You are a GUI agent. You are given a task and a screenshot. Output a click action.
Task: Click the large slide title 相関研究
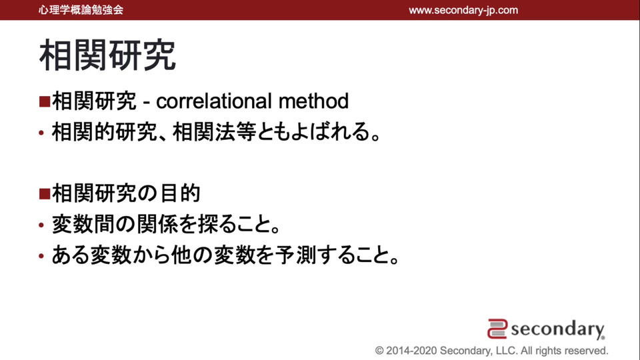pyautogui.click(x=107, y=55)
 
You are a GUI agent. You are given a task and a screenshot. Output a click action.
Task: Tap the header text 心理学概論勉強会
pyautogui.click(x=81, y=10)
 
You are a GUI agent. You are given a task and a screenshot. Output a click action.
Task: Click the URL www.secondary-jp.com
pyautogui.click(x=463, y=10)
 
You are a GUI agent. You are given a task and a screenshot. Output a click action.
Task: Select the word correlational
pyautogui.click(x=214, y=101)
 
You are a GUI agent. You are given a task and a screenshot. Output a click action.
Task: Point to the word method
pyautogui.click(x=313, y=101)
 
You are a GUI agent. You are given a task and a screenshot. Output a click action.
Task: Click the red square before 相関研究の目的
pyautogui.click(x=45, y=193)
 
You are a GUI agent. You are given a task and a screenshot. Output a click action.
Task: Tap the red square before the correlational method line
pyautogui.click(x=45, y=101)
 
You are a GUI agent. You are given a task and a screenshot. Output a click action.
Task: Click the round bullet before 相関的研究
pyautogui.click(x=41, y=133)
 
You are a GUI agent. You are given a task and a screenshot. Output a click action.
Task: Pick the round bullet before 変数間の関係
pyautogui.click(x=41, y=225)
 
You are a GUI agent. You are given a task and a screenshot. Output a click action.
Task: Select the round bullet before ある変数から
pyautogui.click(x=41, y=256)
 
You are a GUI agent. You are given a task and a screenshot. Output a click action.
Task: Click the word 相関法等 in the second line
pyautogui.click(x=215, y=132)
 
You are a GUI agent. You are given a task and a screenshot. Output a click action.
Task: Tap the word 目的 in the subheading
pyautogui.click(x=180, y=193)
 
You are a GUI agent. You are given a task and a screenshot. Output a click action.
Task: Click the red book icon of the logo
pyautogui.click(x=497, y=329)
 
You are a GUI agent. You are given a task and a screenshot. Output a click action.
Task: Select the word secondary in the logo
pyautogui.click(x=557, y=329)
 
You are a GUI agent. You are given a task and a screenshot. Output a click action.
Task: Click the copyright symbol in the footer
pyautogui.click(x=379, y=351)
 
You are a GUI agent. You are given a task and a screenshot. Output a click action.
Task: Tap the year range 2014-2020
pyautogui.click(x=411, y=351)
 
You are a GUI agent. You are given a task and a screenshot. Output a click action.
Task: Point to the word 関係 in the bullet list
pyautogui.click(x=157, y=224)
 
